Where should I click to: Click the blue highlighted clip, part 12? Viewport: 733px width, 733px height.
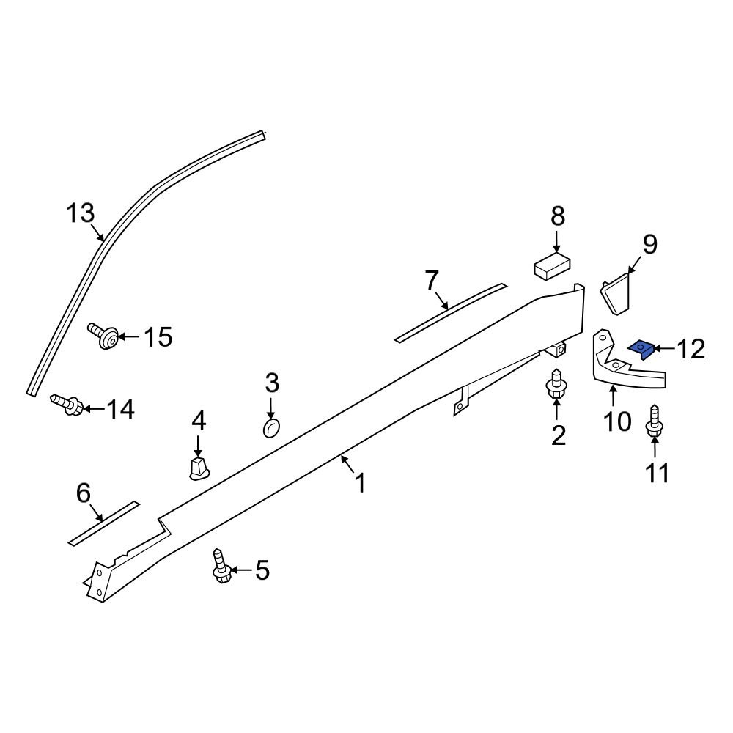click(x=641, y=349)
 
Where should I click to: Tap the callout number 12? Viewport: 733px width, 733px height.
click(x=690, y=350)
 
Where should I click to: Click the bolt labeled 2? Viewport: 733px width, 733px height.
click(x=555, y=384)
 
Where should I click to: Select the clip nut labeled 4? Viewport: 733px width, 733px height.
click(x=198, y=467)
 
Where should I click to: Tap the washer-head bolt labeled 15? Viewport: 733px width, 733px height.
click(x=105, y=336)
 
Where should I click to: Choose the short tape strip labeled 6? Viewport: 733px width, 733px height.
click(x=103, y=523)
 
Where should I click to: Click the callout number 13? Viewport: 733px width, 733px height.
click(x=81, y=214)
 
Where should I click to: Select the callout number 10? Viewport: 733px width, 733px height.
click(x=617, y=421)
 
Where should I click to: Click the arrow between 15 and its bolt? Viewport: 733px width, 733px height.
click(x=128, y=337)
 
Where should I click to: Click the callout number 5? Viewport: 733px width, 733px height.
click(x=262, y=570)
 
